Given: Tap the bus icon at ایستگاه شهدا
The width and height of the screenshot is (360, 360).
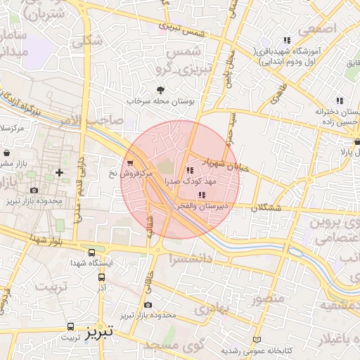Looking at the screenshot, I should (91, 253).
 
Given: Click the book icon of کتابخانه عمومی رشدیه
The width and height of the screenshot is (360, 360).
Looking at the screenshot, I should (256, 340).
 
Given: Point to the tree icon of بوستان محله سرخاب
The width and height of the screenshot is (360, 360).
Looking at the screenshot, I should (161, 90).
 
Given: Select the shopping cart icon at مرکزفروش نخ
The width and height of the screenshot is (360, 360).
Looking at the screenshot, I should (130, 162).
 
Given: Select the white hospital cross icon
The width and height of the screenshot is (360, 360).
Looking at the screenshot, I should (59, 172).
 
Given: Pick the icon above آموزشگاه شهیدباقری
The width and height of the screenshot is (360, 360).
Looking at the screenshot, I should (286, 40).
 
